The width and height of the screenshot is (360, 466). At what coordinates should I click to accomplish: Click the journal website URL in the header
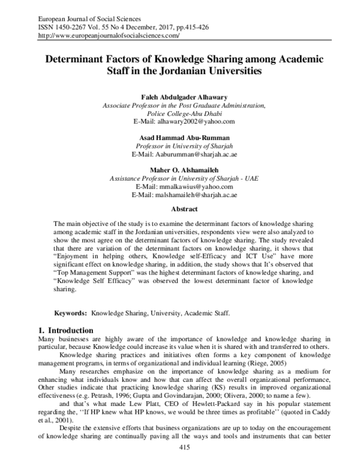tap(109, 36)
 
